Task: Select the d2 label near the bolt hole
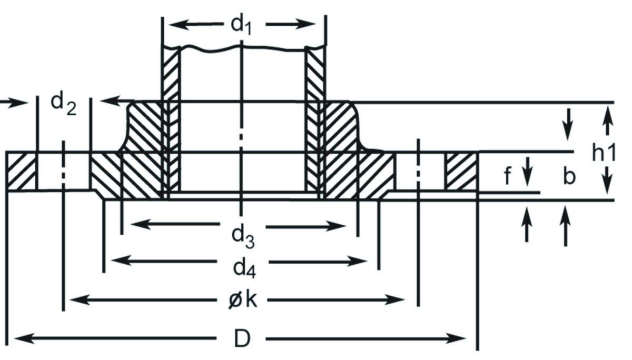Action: click(x=64, y=103)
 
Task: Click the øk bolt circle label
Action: click(x=244, y=301)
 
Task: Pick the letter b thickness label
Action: click(x=568, y=176)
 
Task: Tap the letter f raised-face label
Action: click(x=507, y=176)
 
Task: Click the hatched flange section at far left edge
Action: click(x=22, y=172)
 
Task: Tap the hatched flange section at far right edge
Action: click(x=461, y=172)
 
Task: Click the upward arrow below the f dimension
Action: click(x=527, y=221)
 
